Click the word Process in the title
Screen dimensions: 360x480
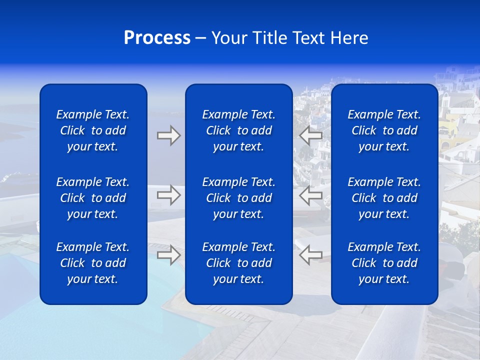tap(157, 38)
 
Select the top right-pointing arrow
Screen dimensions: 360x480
tap(168, 135)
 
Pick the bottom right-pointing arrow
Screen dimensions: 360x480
tap(168, 255)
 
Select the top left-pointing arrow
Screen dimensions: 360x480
tap(311, 135)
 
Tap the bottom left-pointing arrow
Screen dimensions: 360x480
tap(311, 255)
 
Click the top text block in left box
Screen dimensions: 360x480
tap(93, 130)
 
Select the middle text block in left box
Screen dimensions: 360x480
tap(93, 198)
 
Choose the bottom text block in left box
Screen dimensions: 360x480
tap(93, 263)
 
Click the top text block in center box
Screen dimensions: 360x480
tap(238, 130)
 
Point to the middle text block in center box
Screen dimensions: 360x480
tap(238, 198)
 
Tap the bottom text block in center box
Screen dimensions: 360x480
tap(238, 263)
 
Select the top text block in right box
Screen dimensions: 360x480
tap(384, 130)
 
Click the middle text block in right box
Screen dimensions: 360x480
tap(384, 198)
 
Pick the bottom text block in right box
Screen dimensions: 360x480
tap(384, 263)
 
